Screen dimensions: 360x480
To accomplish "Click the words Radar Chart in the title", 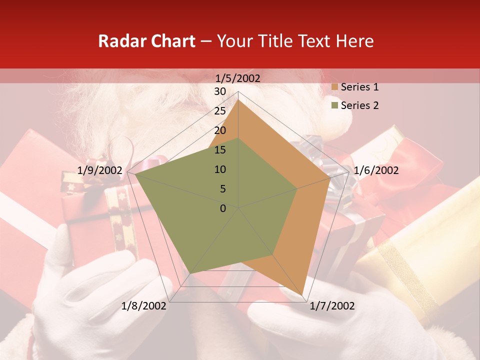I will click(x=146, y=41).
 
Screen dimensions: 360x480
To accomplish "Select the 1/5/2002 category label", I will click(x=238, y=78).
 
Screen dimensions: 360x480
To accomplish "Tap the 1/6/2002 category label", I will click(x=376, y=170).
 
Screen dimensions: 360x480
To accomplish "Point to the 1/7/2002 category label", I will click(x=332, y=306).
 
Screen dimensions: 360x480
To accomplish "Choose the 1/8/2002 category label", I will click(x=144, y=306).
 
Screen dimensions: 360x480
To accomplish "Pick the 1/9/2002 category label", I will click(x=100, y=170).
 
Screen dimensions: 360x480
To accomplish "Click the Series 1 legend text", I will click(x=359, y=87).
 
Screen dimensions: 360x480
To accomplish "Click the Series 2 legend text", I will click(x=359, y=105).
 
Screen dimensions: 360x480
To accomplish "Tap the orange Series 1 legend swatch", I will click(x=334, y=87).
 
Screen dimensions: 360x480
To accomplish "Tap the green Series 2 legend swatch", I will click(x=334, y=106).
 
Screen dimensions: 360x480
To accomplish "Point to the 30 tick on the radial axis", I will click(x=220, y=91).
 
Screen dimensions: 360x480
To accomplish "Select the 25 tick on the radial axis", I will click(x=220, y=111).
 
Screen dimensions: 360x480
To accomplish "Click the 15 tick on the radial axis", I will click(x=220, y=150).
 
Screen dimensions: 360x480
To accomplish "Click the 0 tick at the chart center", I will click(x=223, y=208).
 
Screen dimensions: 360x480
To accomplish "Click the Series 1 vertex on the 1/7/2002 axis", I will click(x=303, y=294).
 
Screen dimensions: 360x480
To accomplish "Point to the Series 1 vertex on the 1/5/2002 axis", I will click(x=238, y=99).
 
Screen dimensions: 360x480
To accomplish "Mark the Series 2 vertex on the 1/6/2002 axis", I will click(x=297, y=189).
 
